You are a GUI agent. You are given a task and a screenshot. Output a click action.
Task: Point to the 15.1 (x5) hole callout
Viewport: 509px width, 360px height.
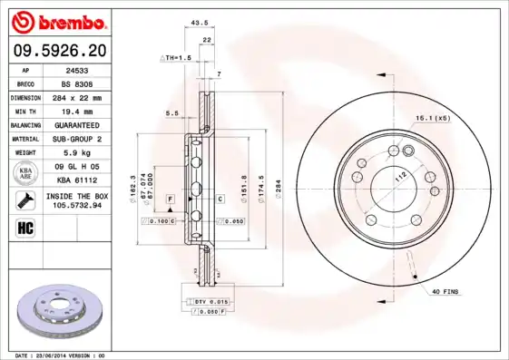click(x=432, y=119)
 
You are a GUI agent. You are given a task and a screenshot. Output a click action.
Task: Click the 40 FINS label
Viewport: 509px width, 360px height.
click(x=445, y=291)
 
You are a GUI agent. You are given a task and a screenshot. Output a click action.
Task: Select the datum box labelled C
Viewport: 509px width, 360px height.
click(x=220, y=198)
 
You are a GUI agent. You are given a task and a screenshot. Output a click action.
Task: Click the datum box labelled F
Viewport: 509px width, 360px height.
click(x=169, y=198)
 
